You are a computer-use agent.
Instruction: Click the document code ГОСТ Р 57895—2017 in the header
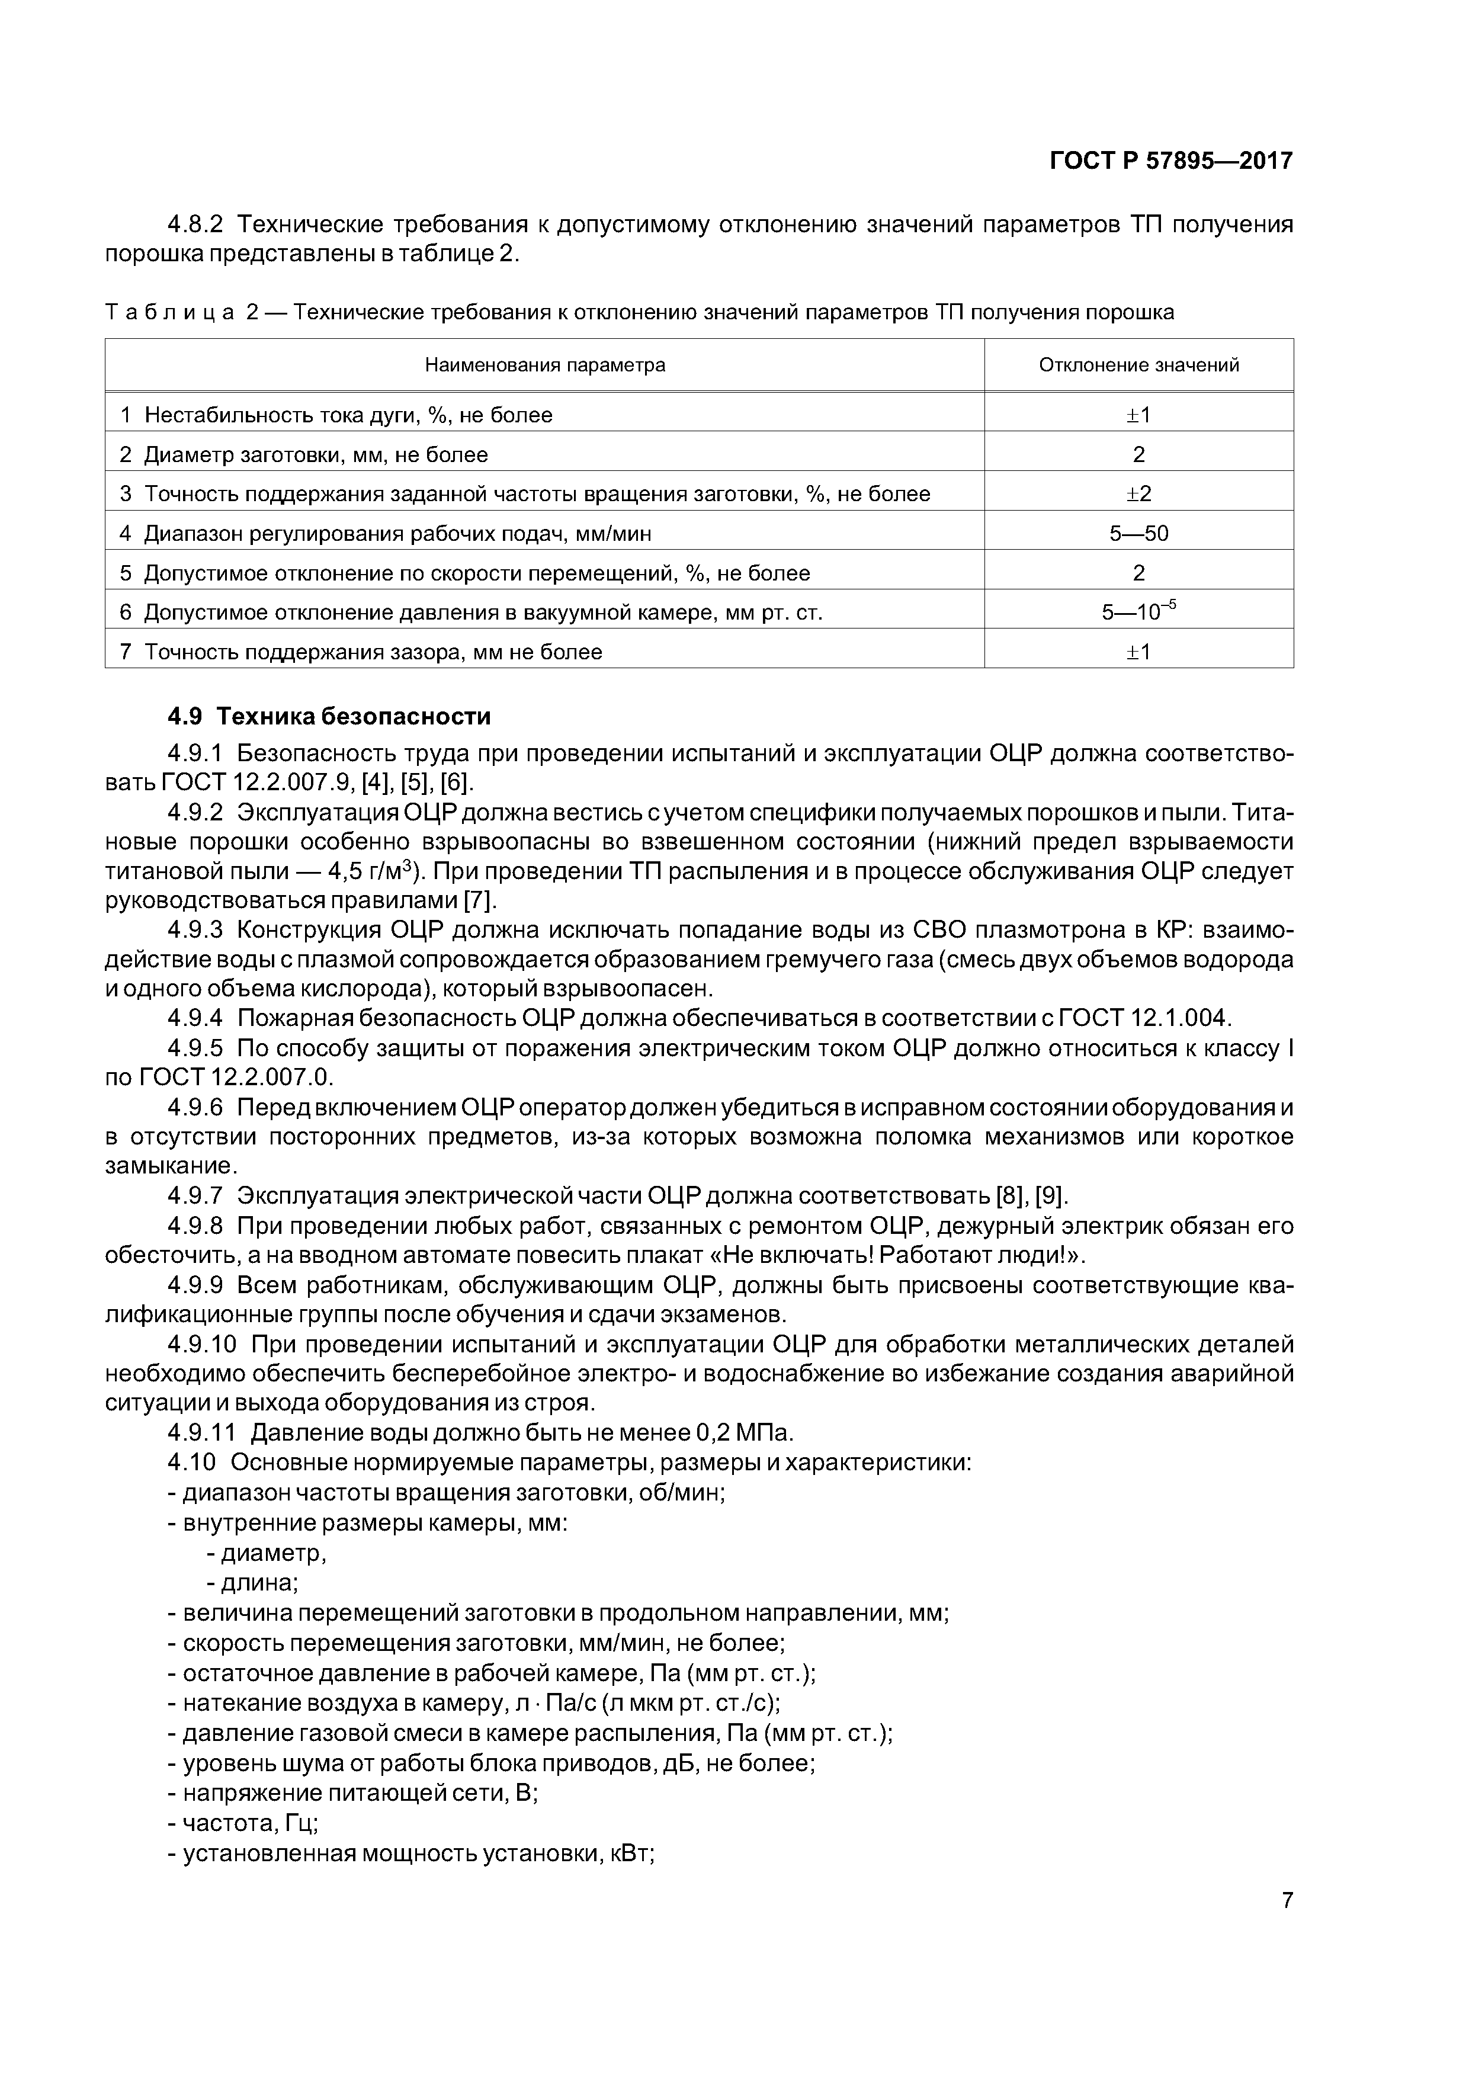(x=1171, y=161)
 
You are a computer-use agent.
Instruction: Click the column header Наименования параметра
(x=545, y=365)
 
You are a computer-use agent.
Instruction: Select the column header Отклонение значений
(x=1138, y=365)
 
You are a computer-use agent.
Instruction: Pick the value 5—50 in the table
(x=1138, y=534)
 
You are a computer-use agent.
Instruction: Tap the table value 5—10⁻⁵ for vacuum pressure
(x=1138, y=613)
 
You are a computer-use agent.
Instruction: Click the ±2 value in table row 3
(x=1138, y=494)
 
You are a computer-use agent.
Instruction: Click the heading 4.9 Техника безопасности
(x=329, y=717)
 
